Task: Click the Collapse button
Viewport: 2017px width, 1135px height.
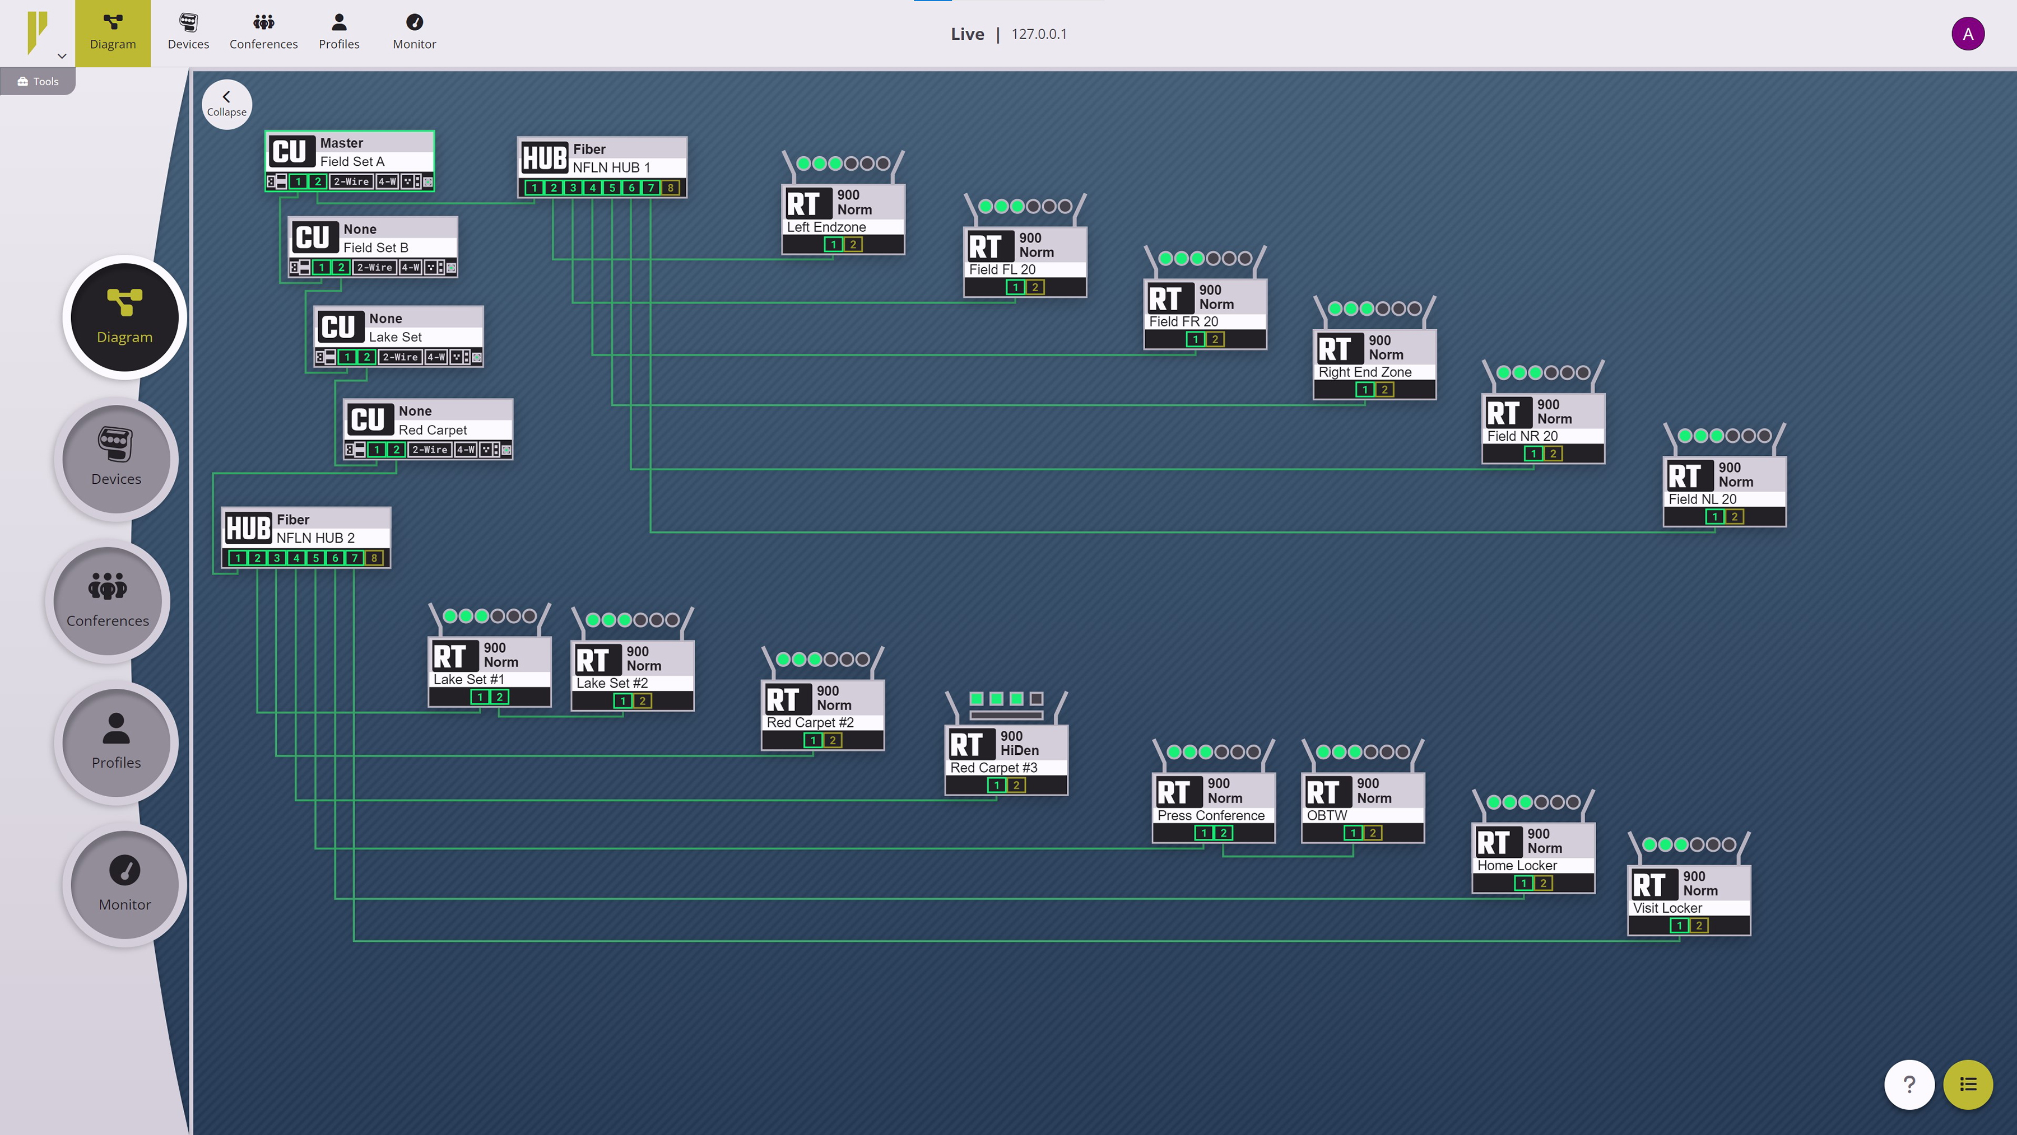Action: pos(226,104)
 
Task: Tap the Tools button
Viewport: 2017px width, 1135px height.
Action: pos(38,81)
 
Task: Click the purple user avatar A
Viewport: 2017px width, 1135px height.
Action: pos(1967,34)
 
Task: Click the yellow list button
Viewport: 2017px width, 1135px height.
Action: pos(1968,1084)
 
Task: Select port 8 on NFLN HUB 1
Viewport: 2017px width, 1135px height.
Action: pos(670,188)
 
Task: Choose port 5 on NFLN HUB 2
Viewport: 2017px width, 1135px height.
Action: pos(315,558)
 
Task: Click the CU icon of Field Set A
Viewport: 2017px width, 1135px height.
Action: pos(289,151)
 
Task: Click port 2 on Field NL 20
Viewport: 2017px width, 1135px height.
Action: pos(1733,517)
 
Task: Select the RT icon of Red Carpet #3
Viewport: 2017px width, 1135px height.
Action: pos(967,744)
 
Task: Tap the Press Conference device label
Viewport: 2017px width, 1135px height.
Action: pos(1211,816)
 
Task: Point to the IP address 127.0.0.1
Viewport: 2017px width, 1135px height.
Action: pos(1039,34)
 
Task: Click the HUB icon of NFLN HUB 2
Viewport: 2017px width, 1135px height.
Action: pos(248,529)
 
